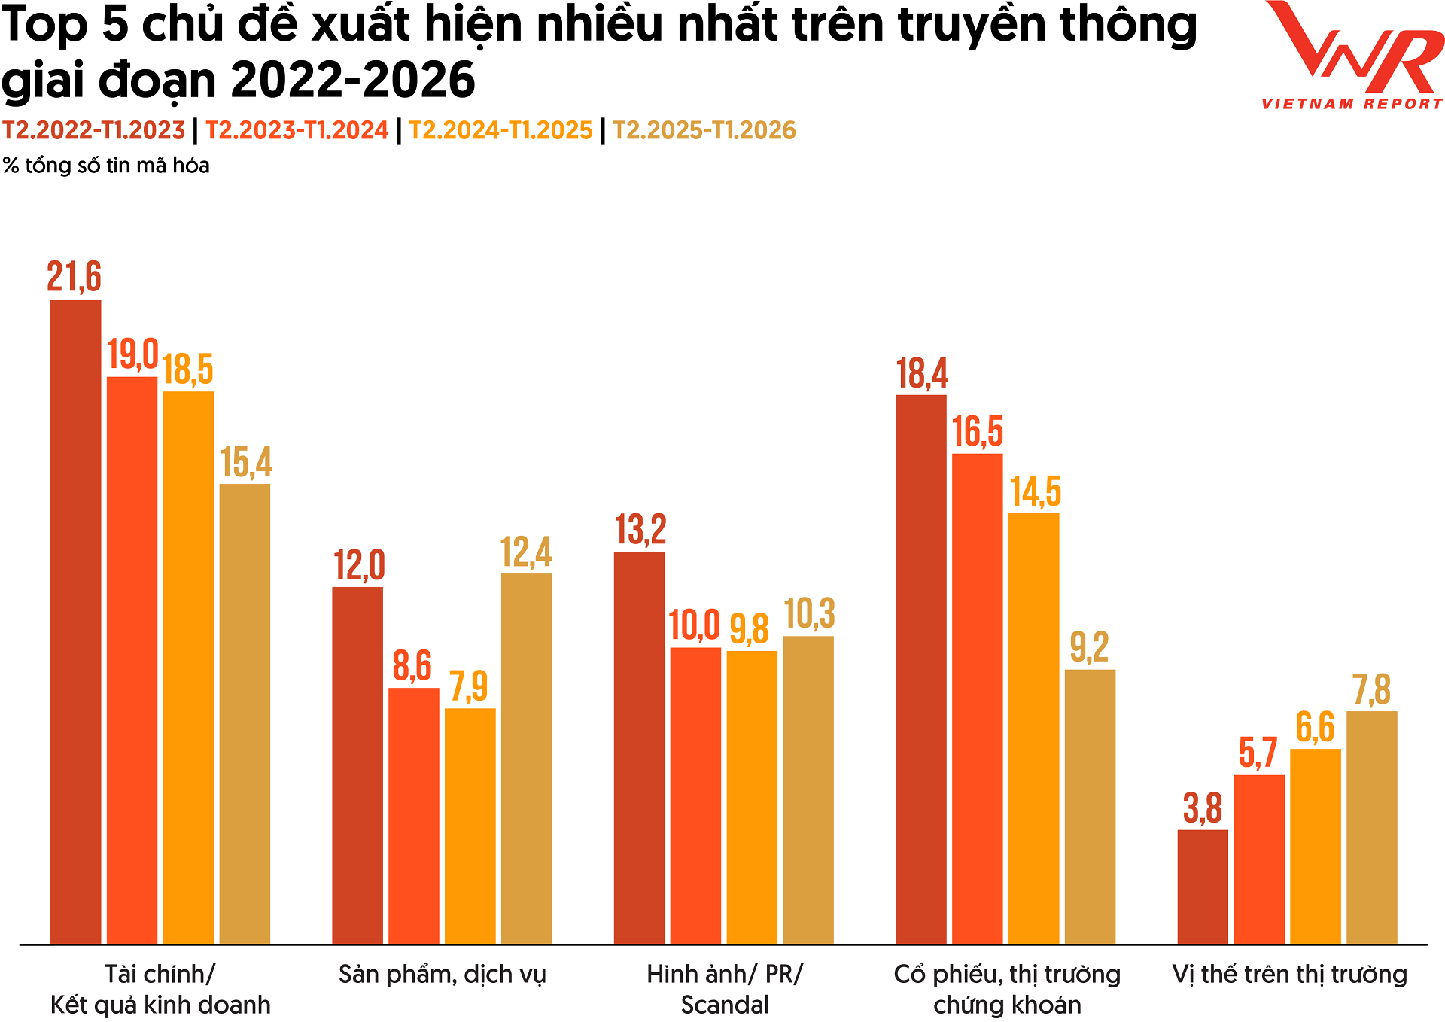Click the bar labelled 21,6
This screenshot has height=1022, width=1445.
(75, 621)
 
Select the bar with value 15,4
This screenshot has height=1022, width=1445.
(245, 713)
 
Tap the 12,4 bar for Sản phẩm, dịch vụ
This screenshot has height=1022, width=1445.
(526, 758)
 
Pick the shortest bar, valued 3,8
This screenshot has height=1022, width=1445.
(1203, 887)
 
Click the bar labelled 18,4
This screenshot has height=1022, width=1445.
(920, 669)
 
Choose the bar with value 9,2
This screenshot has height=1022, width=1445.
(1090, 806)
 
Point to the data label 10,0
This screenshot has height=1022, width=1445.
(694, 626)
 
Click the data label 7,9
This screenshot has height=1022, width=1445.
(468, 686)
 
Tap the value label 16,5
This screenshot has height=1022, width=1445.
(977, 432)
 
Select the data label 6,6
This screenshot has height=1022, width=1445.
(1315, 727)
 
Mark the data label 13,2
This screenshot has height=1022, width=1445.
(640, 530)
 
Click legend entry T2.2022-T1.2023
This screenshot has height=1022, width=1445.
(93, 130)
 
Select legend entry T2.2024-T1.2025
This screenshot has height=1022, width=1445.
(500, 130)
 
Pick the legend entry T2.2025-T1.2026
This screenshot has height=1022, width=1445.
(704, 130)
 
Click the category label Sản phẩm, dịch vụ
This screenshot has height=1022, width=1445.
(442, 975)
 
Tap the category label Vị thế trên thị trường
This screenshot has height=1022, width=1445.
(1289, 975)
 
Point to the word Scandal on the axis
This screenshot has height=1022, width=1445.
(725, 1005)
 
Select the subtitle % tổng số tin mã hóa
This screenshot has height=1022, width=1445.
(106, 166)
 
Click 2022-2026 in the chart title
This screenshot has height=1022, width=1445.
(352, 80)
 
